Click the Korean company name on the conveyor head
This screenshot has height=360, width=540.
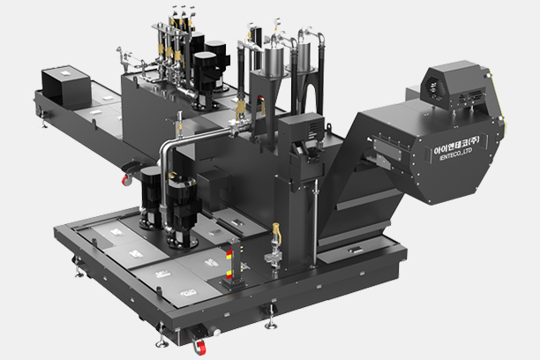456,146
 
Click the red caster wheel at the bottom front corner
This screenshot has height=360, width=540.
199,347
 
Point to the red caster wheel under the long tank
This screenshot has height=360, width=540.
126,180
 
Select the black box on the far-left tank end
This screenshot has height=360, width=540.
66,86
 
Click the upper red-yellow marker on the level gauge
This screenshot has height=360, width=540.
229,254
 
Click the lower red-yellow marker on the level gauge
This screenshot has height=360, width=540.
229,274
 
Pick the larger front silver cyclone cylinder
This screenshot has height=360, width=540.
274,61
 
